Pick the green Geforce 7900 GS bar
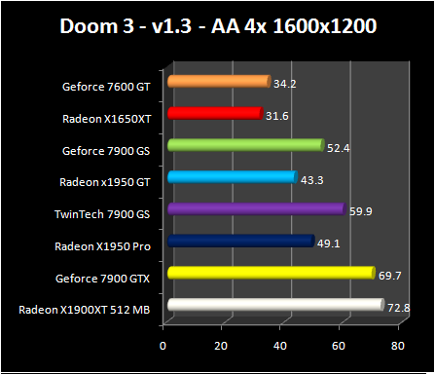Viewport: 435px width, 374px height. tap(244, 146)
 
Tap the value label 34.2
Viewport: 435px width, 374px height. tap(285, 85)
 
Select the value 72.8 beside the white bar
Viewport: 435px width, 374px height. tap(397, 308)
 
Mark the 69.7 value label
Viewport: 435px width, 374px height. tap(388, 277)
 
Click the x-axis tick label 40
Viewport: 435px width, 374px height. tap(281, 345)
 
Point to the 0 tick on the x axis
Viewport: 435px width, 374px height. tap(163, 345)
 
